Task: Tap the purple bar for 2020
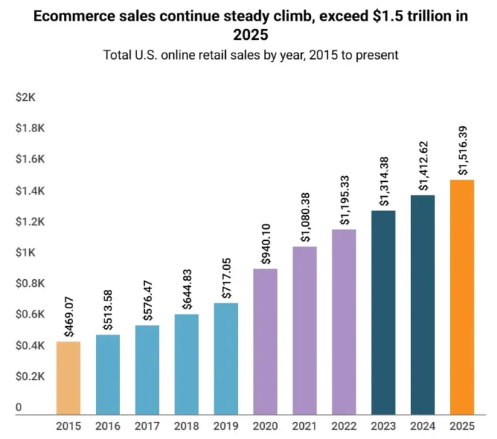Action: click(x=266, y=342)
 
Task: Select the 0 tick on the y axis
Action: click(x=19, y=408)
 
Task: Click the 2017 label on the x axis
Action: click(x=147, y=426)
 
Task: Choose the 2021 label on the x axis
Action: click(x=305, y=426)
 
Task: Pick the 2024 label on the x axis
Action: click(x=423, y=426)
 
